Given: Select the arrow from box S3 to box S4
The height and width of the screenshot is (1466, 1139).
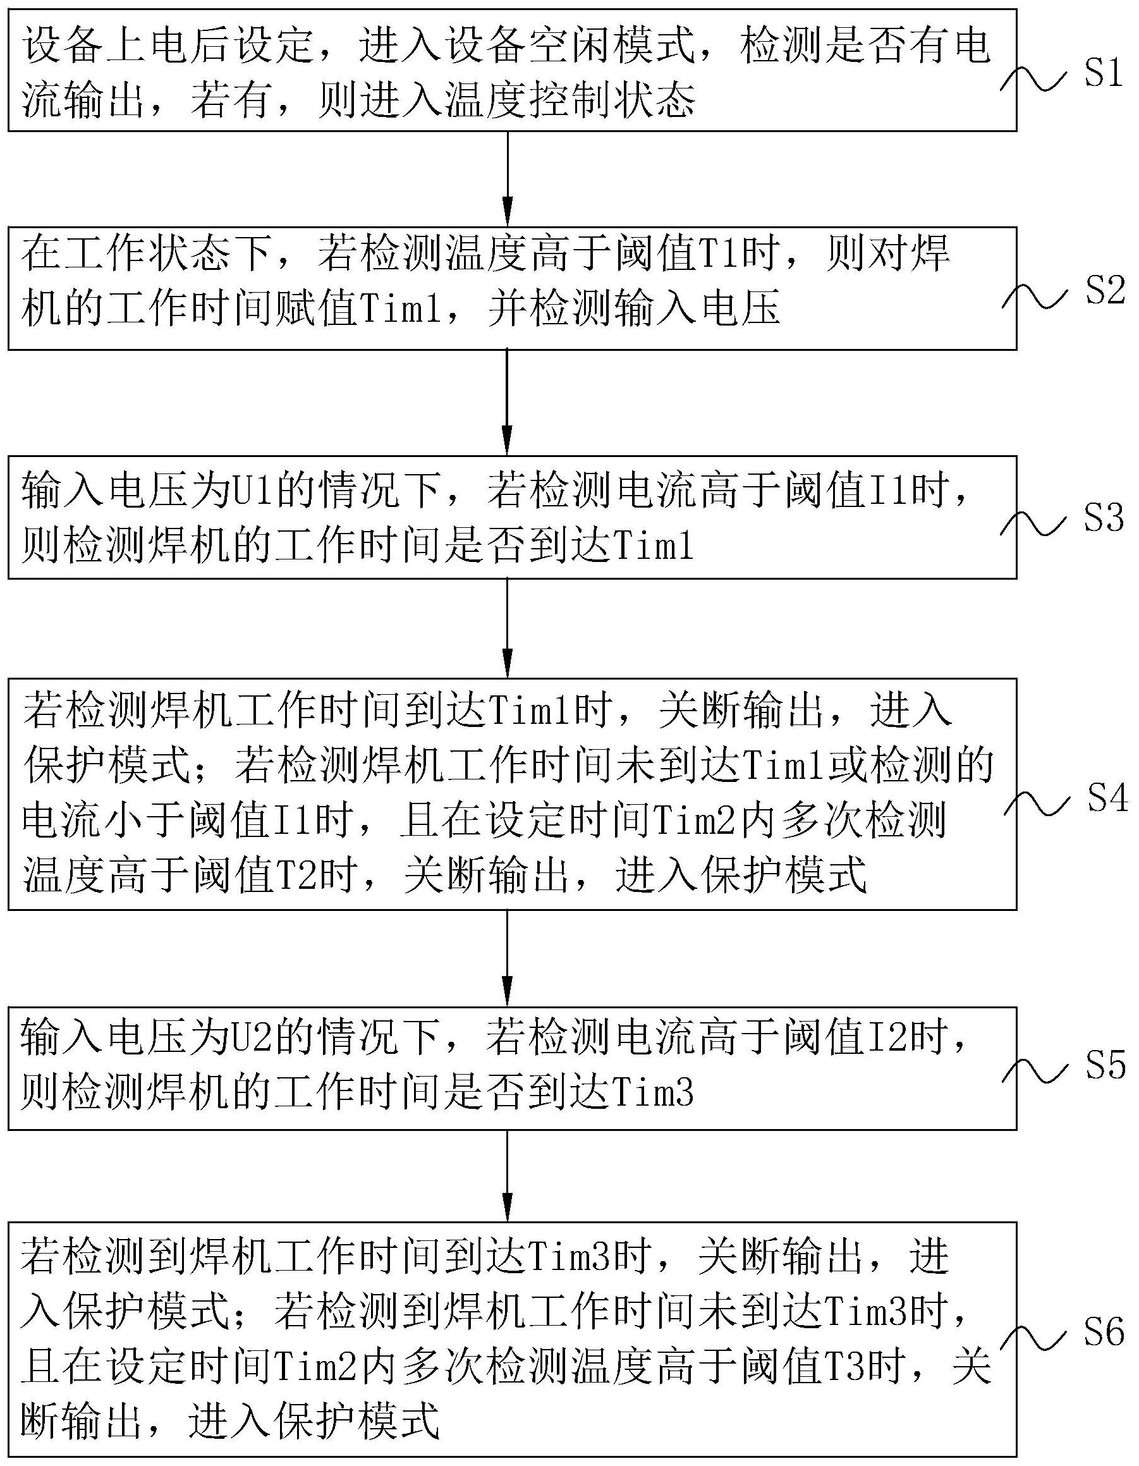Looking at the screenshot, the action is click(x=508, y=628).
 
